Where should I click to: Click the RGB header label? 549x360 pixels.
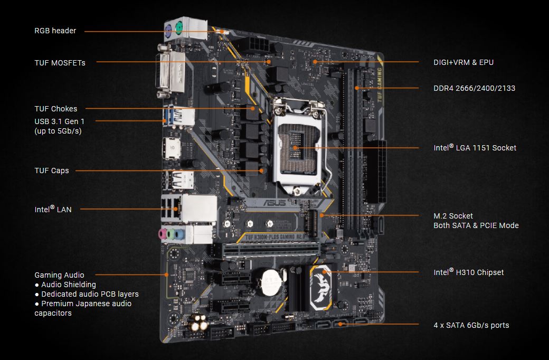coord(55,31)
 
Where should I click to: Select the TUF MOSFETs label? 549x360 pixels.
coord(60,63)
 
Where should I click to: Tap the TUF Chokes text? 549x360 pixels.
coord(55,109)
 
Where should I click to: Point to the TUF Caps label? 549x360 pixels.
coord(52,170)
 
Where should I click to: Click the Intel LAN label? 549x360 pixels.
coord(53,209)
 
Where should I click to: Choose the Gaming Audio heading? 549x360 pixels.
coord(59,275)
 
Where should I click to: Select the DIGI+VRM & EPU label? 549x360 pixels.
coord(463,62)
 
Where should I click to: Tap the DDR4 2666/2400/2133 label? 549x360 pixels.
coord(475,88)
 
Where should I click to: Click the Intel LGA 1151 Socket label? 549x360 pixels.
coord(475,147)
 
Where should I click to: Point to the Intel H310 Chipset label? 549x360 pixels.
coord(468,272)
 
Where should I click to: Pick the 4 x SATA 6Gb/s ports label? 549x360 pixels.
coord(471,325)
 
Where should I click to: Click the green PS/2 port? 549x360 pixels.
coord(179,27)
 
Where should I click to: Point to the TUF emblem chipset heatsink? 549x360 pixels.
coord(321,287)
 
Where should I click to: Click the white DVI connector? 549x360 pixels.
coord(171,71)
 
